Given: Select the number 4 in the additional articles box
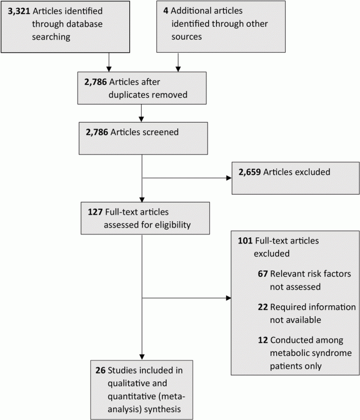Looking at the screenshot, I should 166,11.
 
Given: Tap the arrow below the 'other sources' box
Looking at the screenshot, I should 179,61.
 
